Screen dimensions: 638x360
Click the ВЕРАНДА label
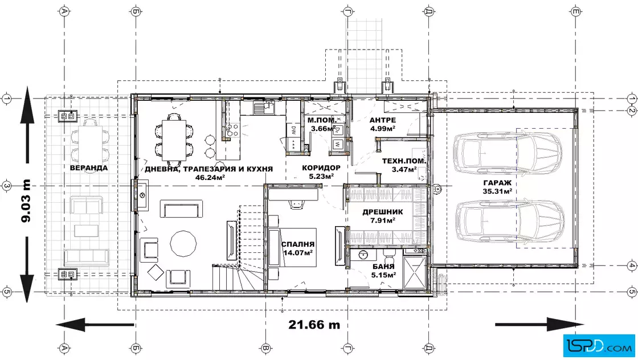tap(89, 167)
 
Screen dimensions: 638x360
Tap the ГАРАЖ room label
tap(497, 183)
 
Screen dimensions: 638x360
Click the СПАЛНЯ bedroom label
tap(298, 244)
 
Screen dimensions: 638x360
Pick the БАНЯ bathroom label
tap(383, 267)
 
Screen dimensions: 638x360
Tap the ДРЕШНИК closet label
tap(382, 212)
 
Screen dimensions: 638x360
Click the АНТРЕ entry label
tap(382, 120)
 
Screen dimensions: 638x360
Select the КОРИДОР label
tap(321, 167)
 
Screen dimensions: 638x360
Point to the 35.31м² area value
tap(497, 191)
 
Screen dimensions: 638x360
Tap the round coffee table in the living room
tap(183, 244)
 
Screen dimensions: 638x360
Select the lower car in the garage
tap(509, 221)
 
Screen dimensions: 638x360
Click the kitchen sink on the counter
tap(264, 108)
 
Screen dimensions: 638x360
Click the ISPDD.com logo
tap(599, 346)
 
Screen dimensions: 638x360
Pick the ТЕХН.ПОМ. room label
tap(404, 161)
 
